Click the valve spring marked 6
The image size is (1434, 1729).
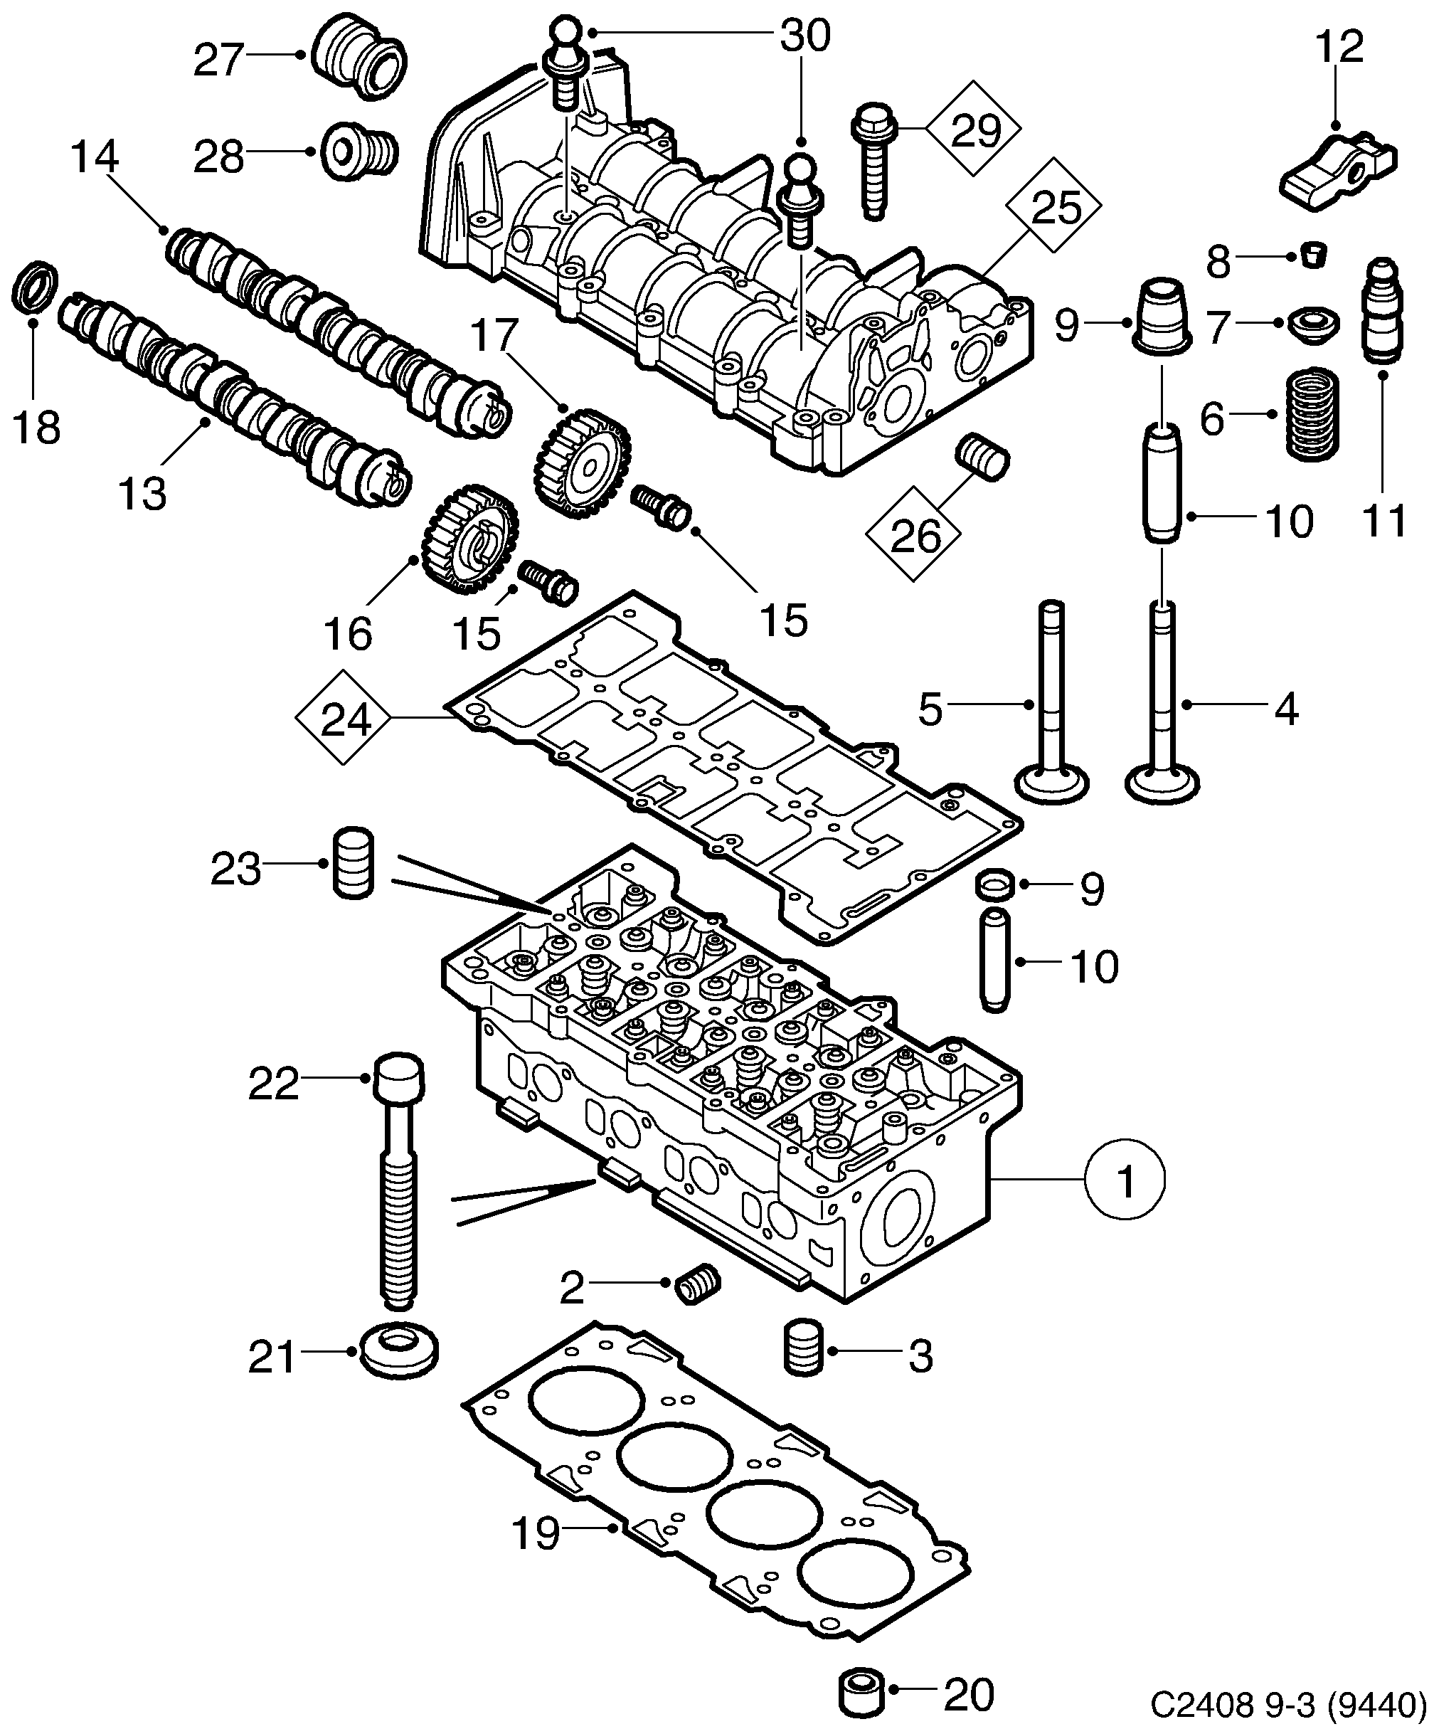[x=1312, y=413]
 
